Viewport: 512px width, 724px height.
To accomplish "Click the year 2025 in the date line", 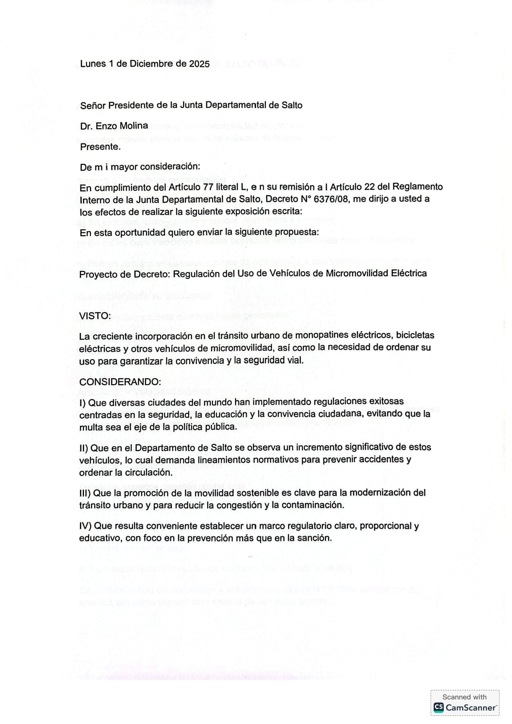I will pyautogui.click(x=199, y=64).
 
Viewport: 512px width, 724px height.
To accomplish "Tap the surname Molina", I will pyautogui.click(x=135, y=126).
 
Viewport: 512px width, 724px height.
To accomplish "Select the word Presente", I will pyautogui.click(x=100, y=147).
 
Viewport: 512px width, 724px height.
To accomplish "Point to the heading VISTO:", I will pyautogui.click(x=95, y=316).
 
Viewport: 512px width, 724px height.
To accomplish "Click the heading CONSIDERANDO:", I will pyautogui.click(x=120, y=382).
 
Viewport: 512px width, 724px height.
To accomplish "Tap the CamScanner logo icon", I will pyautogui.click(x=439, y=707).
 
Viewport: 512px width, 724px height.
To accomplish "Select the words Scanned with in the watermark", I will pyautogui.click(x=464, y=697).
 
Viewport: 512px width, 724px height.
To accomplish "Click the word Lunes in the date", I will pyautogui.click(x=93, y=64).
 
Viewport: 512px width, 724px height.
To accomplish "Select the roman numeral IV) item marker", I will pyautogui.click(x=85, y=526).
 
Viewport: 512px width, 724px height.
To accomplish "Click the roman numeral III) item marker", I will pyautogui.click(x=85, y=493).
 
